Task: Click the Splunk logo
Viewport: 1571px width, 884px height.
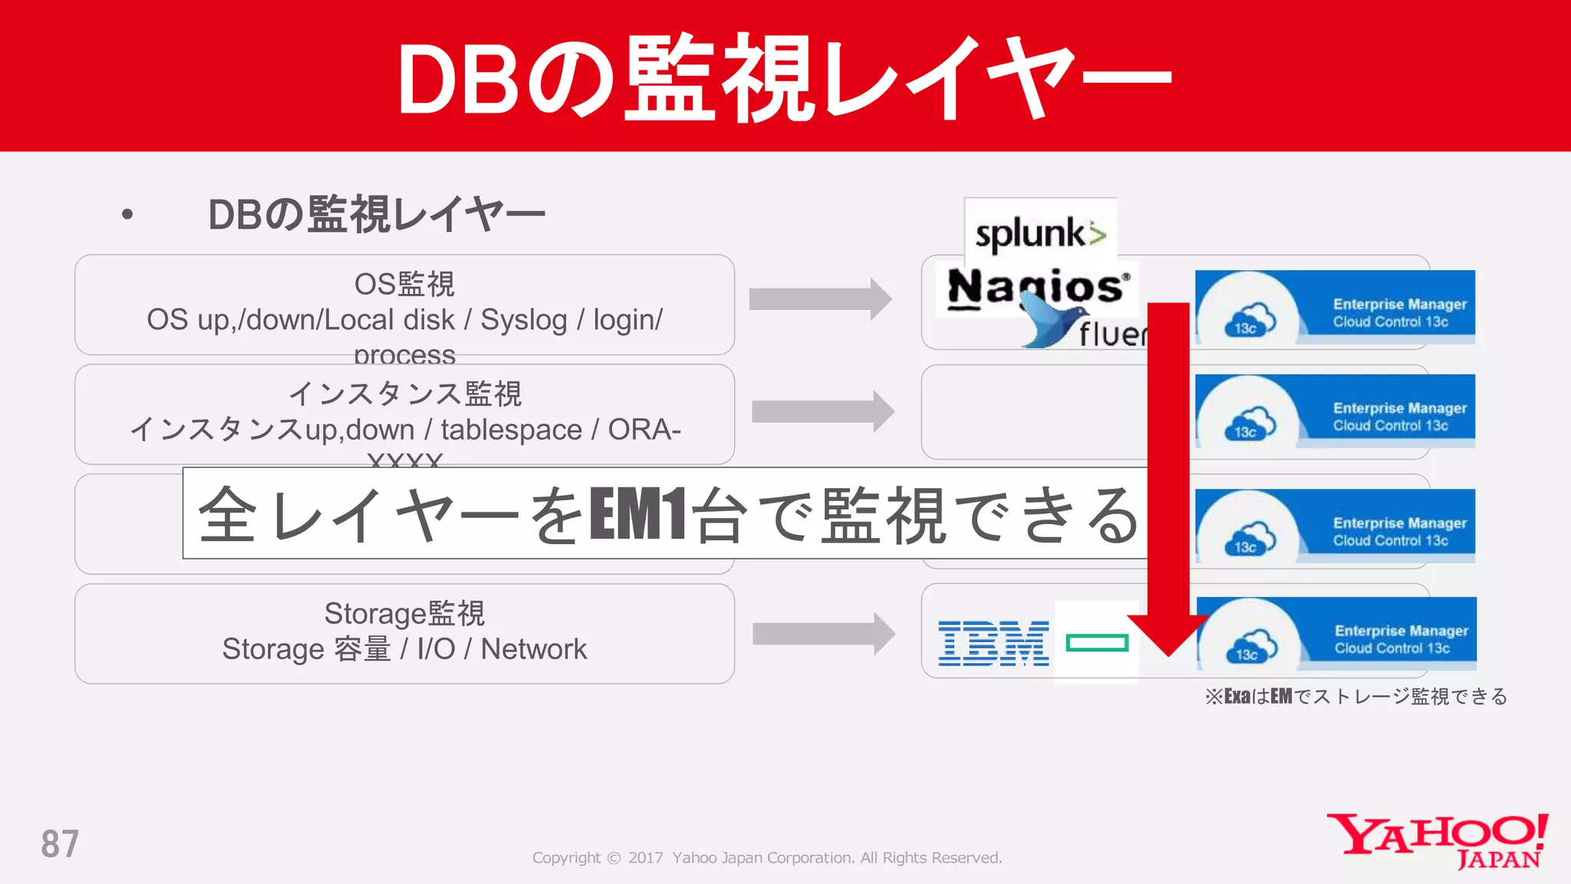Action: [1040, 233]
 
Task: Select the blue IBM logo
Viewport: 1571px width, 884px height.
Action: [993, 643]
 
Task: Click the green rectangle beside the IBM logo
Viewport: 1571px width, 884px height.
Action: [1097, 642]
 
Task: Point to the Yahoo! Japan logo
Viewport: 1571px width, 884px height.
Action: [1438, 840]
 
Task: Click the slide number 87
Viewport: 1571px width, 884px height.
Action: [60, 844]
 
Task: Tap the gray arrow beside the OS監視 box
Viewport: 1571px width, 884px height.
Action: [819, 299]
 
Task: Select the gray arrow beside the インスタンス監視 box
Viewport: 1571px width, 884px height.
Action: [822, 411]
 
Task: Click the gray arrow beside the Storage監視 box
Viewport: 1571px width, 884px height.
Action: [823, 634]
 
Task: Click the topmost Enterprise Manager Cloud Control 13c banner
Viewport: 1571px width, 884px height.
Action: [1335, 306]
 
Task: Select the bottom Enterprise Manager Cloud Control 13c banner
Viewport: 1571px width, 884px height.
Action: [1336, 633]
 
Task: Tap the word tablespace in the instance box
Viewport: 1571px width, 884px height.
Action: [511, 430]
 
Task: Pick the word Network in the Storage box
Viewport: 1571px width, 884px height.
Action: [533, 649]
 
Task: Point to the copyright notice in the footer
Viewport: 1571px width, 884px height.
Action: [767, 858]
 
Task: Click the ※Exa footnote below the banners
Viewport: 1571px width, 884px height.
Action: [1355, 696]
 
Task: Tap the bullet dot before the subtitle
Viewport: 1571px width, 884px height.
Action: [127, 215]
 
